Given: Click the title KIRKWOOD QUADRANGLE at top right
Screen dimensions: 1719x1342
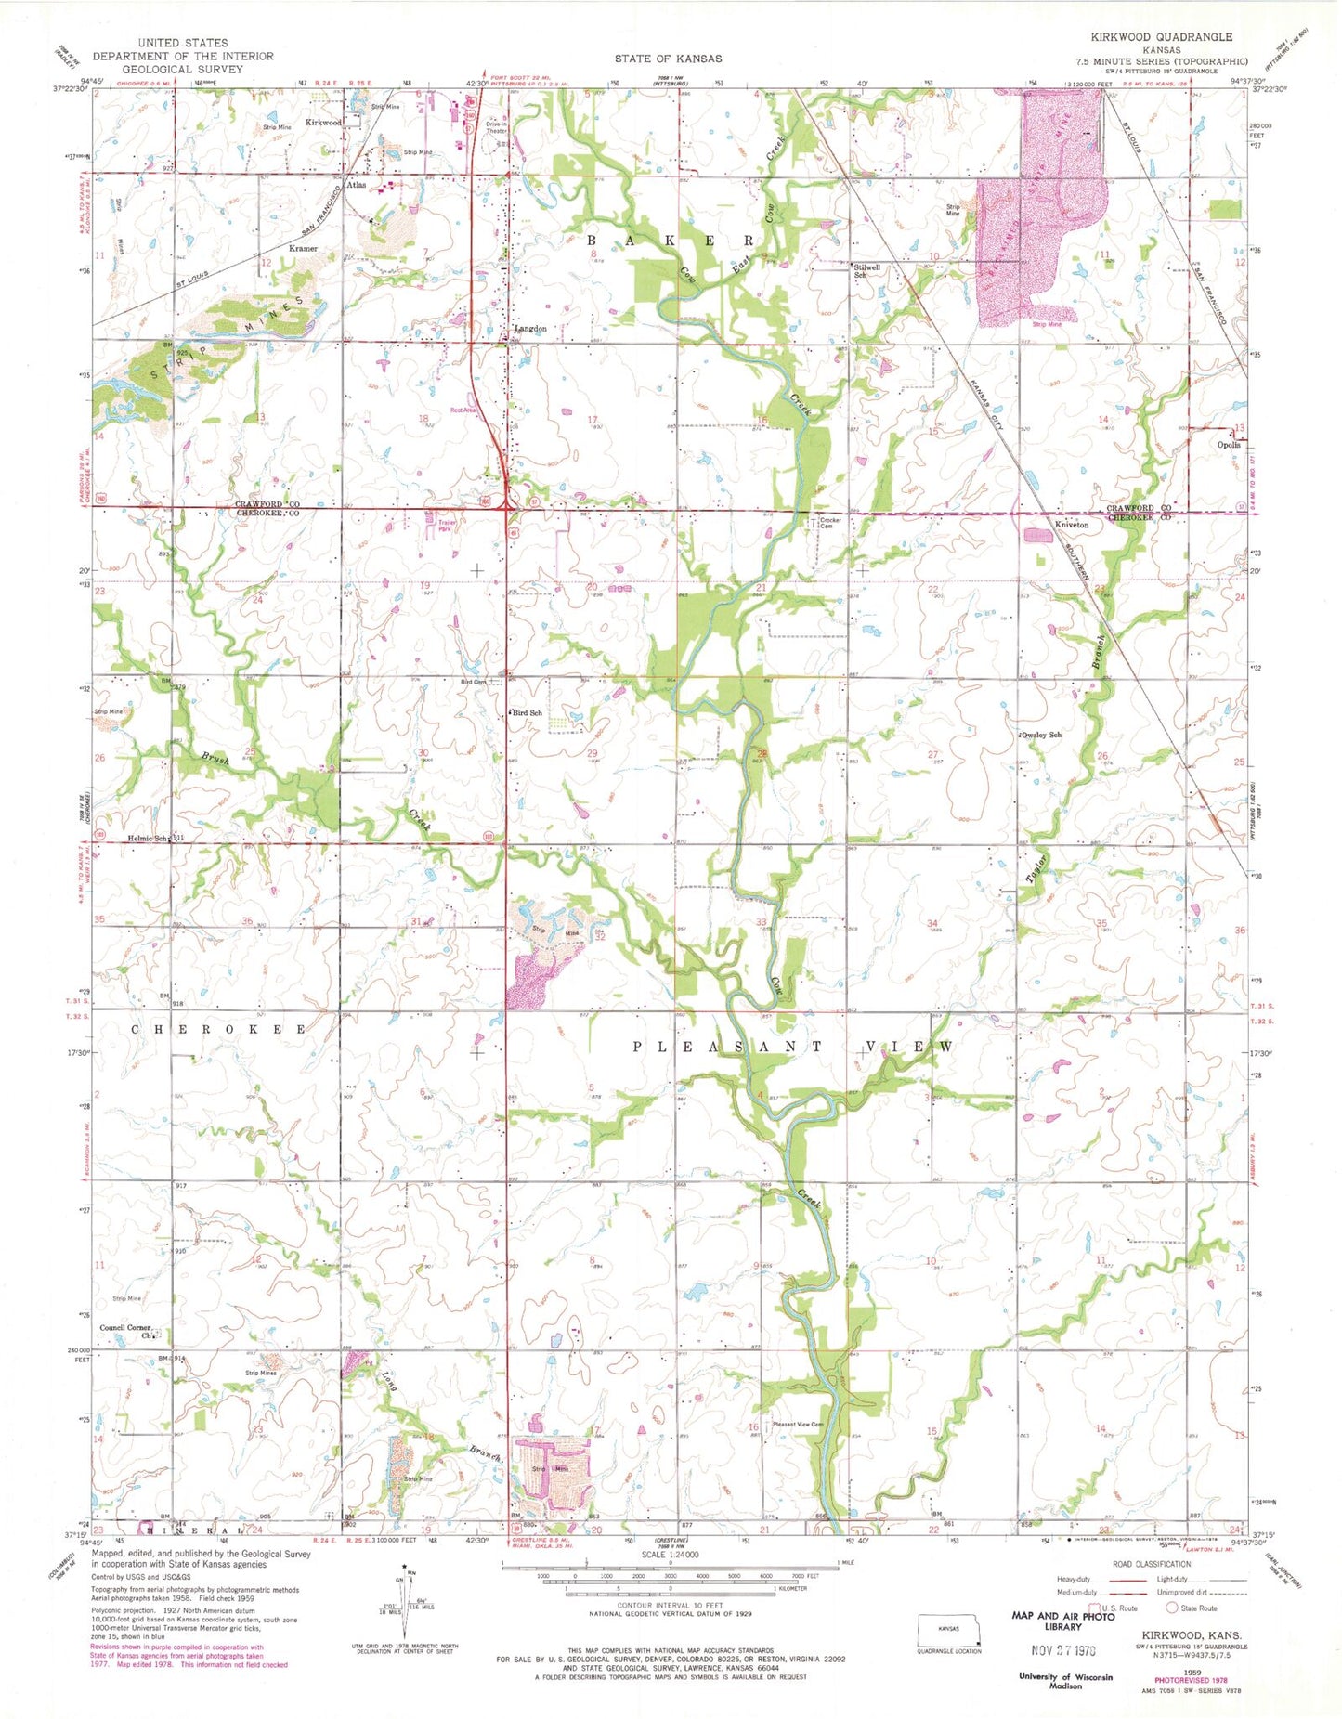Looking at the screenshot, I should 1162,37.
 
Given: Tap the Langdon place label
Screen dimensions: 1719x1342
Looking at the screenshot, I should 530,329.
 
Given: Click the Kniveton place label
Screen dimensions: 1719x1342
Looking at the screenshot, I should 1071,525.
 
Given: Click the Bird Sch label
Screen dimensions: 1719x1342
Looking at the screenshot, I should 528,712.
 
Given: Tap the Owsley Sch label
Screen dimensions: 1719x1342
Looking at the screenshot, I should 1041,735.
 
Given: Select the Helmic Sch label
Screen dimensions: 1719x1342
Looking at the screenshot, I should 149,839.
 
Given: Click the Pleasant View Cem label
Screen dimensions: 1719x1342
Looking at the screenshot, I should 798,1424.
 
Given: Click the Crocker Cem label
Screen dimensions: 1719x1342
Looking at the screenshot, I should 829,523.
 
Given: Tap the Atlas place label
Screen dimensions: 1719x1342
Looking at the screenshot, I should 355,185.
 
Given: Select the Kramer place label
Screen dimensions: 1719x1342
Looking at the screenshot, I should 303,249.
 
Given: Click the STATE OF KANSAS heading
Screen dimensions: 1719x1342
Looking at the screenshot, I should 667,59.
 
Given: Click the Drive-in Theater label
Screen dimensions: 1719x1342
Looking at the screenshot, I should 496,127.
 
